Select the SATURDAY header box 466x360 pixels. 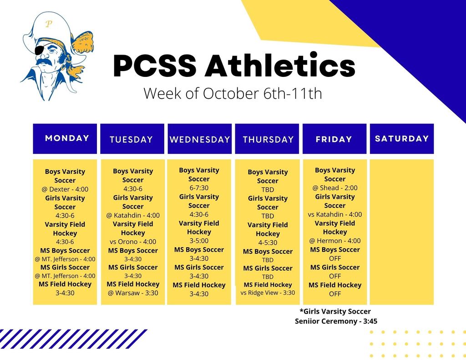[401, 138]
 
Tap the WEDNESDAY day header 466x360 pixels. [199, 139]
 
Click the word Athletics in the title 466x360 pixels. [280, 66]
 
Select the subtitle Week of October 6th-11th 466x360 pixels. [233, 93]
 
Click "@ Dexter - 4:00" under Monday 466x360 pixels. [65, 189]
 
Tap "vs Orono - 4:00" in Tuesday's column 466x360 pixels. [133, 242]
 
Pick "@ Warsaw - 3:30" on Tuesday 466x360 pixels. [133, 293]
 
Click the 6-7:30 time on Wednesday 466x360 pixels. [199, 188]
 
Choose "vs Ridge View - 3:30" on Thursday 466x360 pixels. [268, 293]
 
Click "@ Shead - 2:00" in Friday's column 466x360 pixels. [335, 188]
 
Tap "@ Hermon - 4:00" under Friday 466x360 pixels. [335, 241]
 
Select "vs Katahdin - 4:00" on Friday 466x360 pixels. [335, 214]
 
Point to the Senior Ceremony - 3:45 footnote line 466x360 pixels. [336, 321]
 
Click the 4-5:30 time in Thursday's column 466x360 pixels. [268, 243]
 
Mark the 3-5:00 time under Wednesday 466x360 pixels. [199, 241]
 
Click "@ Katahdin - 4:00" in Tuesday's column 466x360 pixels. [133, 215]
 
